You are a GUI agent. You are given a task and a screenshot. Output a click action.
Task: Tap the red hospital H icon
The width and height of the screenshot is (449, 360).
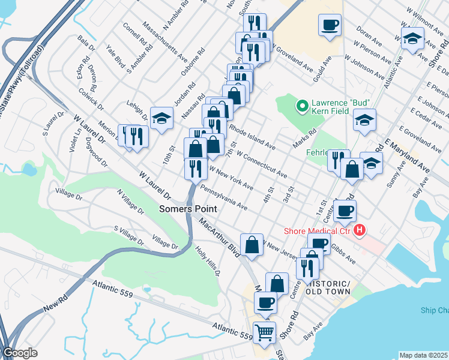click(x=360, y=230)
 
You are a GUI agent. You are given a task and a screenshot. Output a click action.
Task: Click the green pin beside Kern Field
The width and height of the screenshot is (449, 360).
click(x=303, y=107)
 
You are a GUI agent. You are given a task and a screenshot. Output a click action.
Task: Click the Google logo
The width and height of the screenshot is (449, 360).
click(x=19, y=353)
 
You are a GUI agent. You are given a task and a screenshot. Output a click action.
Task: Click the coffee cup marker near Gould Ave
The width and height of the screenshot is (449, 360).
click(x=330, y=25)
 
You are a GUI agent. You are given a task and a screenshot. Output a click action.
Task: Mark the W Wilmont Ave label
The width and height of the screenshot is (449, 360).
click(x=427, y=21)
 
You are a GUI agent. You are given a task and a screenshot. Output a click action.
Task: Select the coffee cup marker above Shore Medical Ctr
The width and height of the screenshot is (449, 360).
click(x=345, y=211)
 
